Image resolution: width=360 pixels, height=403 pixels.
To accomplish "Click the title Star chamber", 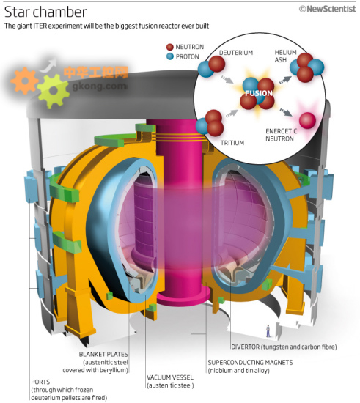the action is [x=45, y=12].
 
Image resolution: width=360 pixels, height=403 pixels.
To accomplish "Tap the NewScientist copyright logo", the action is [x=327, y=9].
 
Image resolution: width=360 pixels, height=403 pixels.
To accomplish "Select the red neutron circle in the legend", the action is [x=170, y=47].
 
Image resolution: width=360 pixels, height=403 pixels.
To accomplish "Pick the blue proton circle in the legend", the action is [x=170, y=56].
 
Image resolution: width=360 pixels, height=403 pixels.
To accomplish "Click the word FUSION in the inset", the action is [x=259, y=93].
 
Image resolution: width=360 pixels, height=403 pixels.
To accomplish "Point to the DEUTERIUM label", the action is [x=236, y=53].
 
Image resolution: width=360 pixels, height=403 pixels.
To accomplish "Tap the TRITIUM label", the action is [x=232, y=143].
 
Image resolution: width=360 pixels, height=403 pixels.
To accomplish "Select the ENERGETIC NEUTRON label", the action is [x=281, y=135].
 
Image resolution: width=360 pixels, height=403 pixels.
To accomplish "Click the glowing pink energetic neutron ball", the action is [x=307, y=120].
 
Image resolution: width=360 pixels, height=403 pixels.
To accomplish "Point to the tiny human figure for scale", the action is [x=268, y=331].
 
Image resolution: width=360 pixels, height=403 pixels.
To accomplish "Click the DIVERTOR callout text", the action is [x=284, y=347].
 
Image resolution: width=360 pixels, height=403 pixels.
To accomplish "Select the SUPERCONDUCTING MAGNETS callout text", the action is [x=250, y=366].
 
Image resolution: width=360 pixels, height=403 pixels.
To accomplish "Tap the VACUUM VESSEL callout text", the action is [x=170, y=381].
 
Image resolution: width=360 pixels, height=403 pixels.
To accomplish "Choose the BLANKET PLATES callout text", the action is [x=95, y=362].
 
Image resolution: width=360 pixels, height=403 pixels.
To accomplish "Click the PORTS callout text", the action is [x=69, y=390].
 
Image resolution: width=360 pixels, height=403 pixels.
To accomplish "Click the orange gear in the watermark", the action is [x=24, y=81].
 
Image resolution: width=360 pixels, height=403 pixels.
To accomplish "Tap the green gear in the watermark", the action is [x=54, y=90].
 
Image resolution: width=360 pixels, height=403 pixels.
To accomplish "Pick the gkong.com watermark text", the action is [x=100, y=86].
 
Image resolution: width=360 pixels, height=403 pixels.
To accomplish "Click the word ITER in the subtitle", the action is [x=40, y=26].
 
